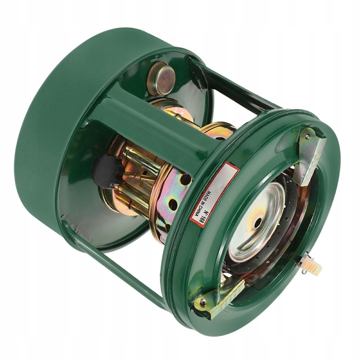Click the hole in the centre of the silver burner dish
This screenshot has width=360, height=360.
coord(258,222)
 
